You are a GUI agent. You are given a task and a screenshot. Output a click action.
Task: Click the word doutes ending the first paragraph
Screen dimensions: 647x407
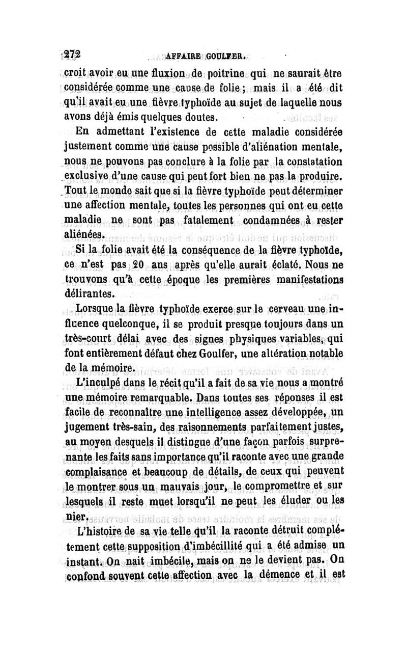(200, 118)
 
